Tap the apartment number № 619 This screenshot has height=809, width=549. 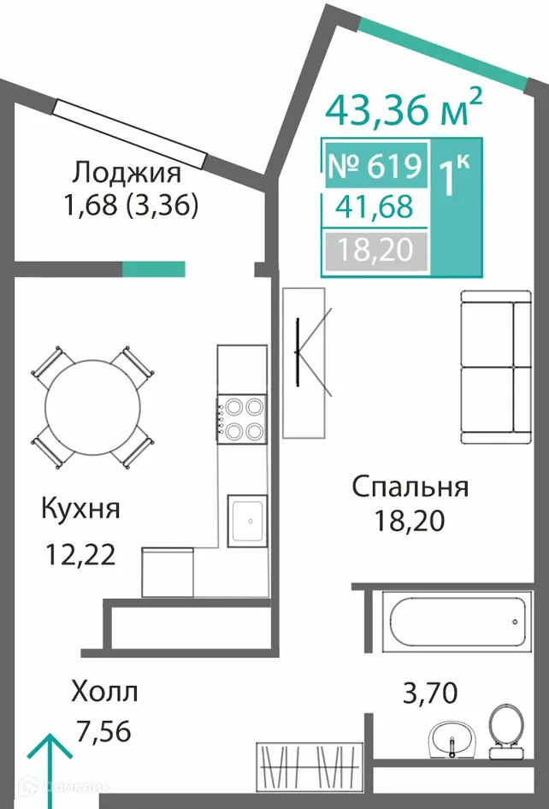[x=375, y=166]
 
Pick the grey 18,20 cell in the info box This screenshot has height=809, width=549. [x=375, y=250]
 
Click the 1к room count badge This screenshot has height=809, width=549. [x=452, y=177]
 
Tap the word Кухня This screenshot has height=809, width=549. [x=80, y=509]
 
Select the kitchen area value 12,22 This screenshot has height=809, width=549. [x=80, y=557]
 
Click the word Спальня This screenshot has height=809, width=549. [x=410, y=487]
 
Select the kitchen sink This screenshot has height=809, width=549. [x=248, y=519]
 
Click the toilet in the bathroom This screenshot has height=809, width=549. [x=505, y=729]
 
